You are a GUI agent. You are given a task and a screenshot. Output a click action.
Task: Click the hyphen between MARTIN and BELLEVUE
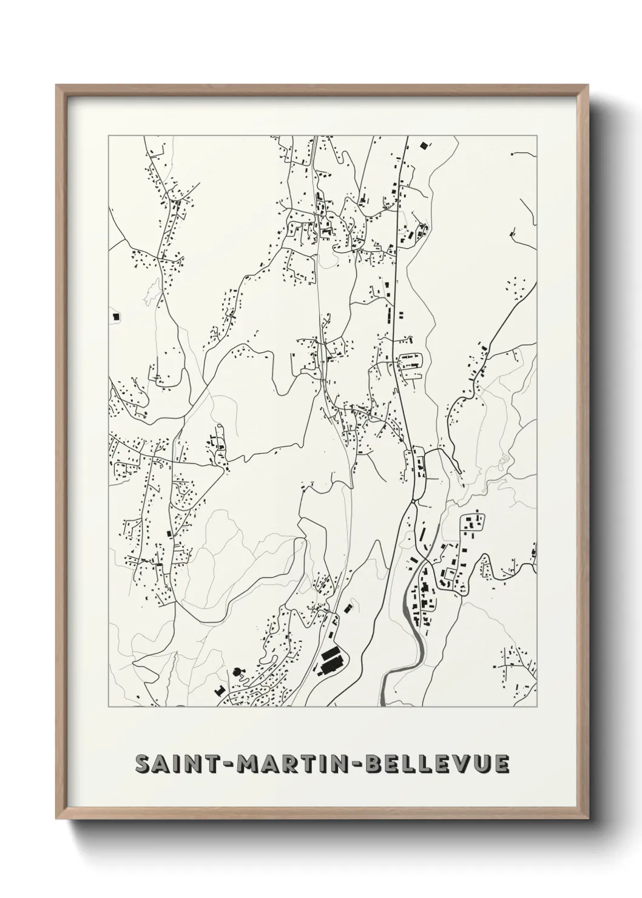pos(357,765)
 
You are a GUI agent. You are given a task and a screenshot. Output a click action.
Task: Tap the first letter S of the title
pos(143,764)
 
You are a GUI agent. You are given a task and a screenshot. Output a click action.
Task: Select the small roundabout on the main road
pos(413,501)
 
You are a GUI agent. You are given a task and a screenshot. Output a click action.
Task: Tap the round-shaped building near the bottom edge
pos(235,671)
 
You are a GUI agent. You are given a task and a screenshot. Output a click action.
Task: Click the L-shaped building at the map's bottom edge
pos(217,690)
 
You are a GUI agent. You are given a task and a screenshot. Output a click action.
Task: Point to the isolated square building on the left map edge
pos(114,316)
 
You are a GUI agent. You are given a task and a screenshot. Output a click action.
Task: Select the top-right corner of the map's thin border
pos(537,136)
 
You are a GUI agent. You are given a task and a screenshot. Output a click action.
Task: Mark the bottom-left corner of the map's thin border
pos(109,707)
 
